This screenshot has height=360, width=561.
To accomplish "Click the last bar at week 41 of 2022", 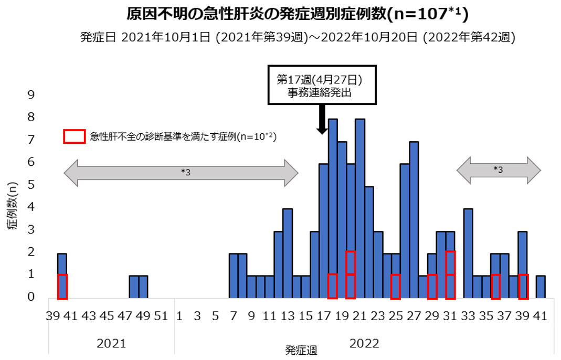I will (x=541, y=287).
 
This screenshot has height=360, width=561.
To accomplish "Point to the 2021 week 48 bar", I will (x=134, y=287).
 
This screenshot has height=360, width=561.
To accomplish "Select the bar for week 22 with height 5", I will (x=368, y=242).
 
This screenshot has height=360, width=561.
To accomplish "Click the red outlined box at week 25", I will (x=396, y=287).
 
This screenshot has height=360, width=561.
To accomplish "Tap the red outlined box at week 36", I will (x=495, y=287).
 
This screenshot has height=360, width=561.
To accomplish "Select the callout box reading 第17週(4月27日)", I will (x=322, y=86).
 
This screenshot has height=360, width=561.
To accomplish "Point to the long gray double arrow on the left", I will (x=181, y=173).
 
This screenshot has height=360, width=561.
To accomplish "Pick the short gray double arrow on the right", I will (x=499, y=170).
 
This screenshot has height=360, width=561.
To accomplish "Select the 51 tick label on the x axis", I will (x=162, y=316).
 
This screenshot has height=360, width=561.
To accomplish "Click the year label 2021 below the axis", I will (x=111, y=344).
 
